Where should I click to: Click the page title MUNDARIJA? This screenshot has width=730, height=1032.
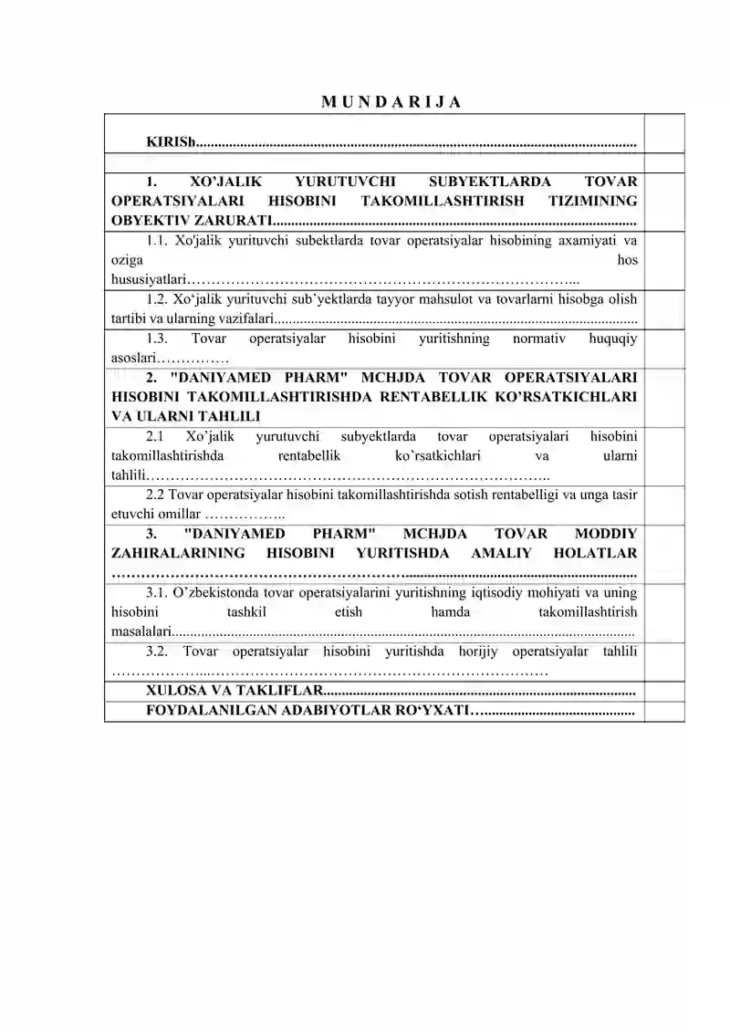(391, 101)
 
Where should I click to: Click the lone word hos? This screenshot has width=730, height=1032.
(627, 260)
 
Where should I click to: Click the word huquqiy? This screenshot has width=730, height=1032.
(615, 339)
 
